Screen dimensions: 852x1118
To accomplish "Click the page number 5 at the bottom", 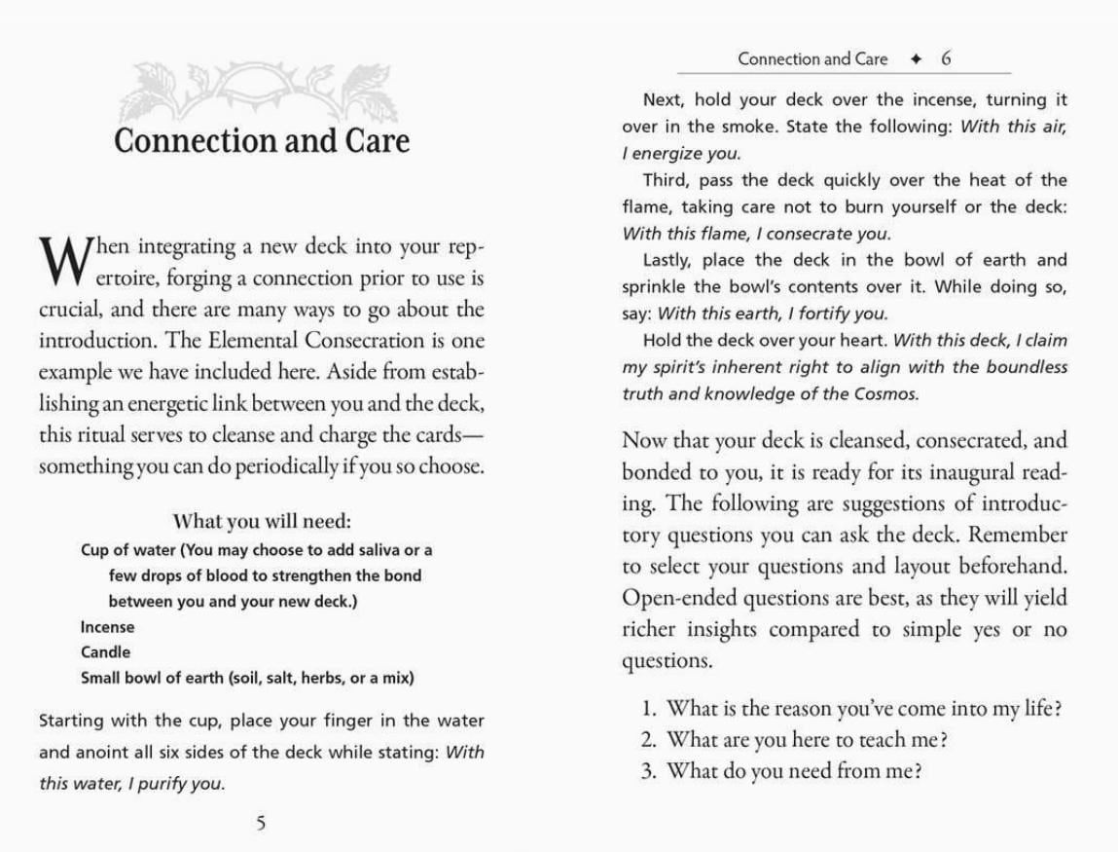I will pyautogui.click(x=260, y=824).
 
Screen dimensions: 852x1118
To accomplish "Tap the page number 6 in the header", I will pyautogui.click(x=946, y=58).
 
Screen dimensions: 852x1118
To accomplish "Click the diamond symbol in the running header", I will pyautogui.click(x=916, y=58).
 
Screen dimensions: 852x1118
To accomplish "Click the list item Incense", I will pyautogui.click(x=107, y=627).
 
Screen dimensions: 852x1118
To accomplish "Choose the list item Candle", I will pyautogui.click(x=105, y=652).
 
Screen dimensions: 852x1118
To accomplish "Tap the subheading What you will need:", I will pyautogui.click(x=261, y=521).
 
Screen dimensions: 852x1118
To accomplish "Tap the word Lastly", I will pyautogui.click(x=667, y=260).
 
